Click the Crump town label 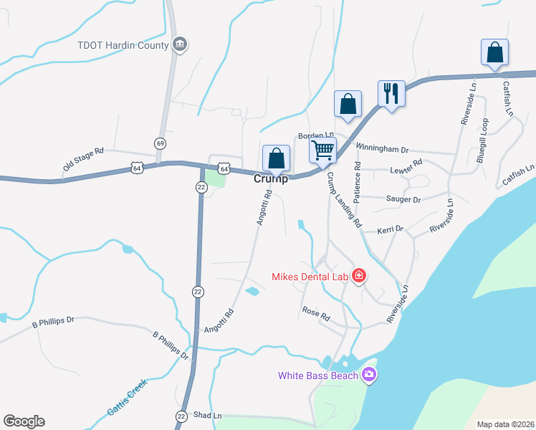[x=271, y=179]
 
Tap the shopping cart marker [x=322, y=150]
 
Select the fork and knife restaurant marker [x=391, y=94]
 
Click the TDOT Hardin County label [x=123, y=46]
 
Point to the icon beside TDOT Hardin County [x=181, y=45]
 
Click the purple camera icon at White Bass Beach [x=369, y=375]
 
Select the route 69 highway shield [x=161, y=144]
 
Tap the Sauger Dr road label [x=403, y=199]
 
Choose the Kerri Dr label [x=391, y=229]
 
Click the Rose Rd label [x=315, y=313]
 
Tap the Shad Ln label [x=208, y=416]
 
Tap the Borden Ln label [x=316, y=135]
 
